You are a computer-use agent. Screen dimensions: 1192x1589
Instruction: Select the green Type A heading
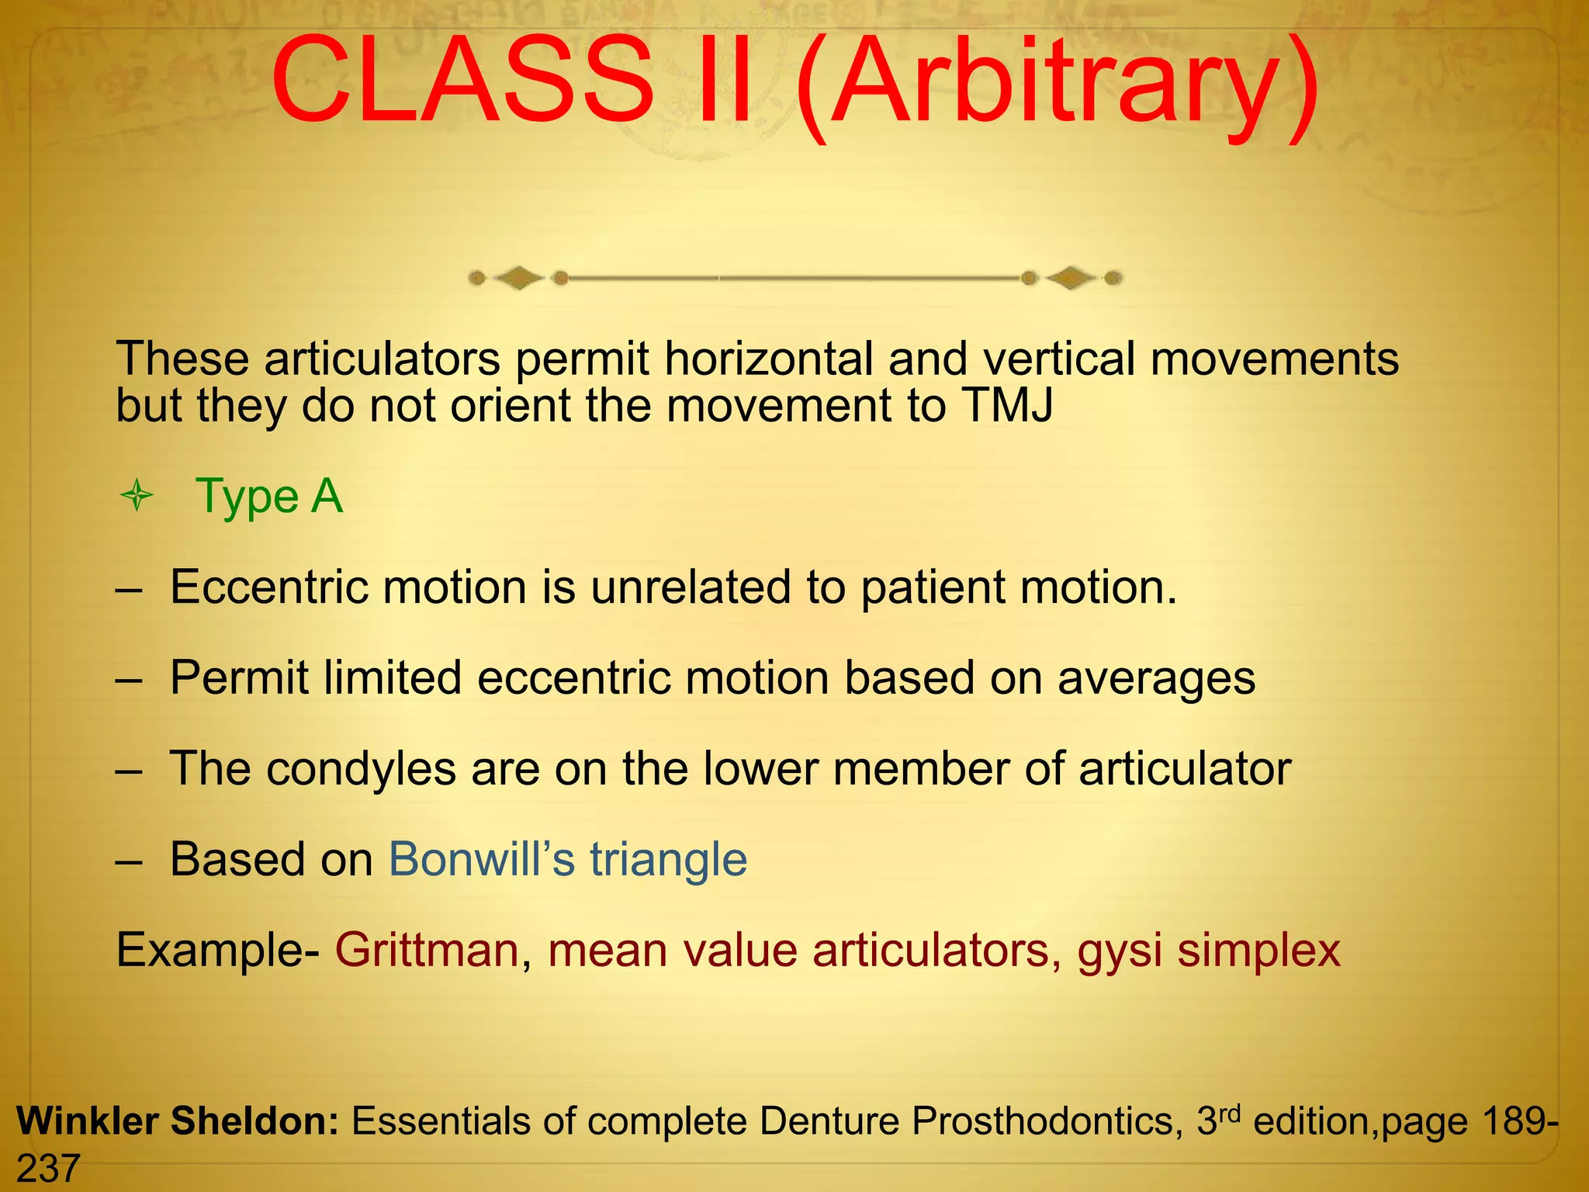[x=268, y=496]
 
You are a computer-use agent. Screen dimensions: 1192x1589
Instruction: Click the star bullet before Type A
[x=137, y=496]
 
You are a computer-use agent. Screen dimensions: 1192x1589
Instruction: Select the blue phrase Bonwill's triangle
[x=567, y=859]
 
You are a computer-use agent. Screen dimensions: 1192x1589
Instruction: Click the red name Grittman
[x=427, y=950]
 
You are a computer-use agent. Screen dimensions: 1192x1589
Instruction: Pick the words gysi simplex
[x=1209, y=951]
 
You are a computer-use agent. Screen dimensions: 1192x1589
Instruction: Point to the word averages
[x=1156, y=678]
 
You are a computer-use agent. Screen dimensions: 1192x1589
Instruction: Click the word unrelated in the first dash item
[x=691, y=587]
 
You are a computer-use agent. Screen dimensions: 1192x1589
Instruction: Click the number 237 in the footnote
[x=48, y=1169]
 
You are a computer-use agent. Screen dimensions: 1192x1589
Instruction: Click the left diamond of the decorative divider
[x=518, y=278]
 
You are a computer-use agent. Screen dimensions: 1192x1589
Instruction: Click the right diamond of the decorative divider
[x=1071, y=278]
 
